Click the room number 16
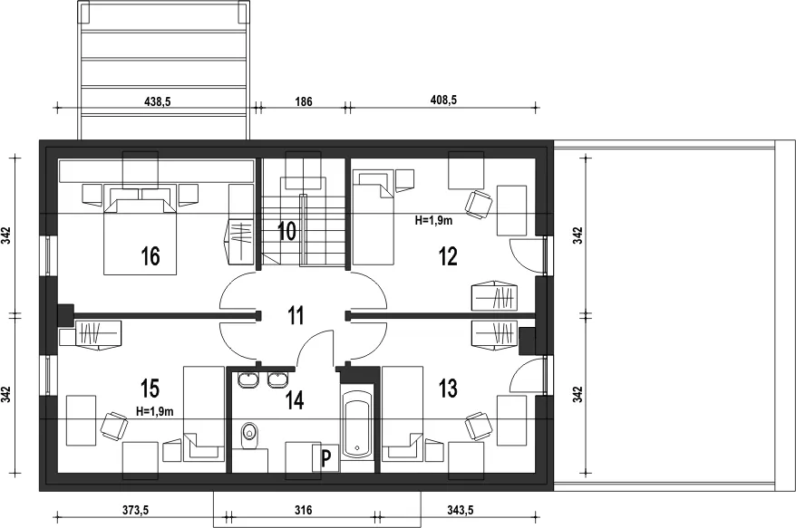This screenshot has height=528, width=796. coord(150,255)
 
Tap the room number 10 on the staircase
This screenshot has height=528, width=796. coord(286,231)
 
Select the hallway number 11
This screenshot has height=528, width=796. coord(296,315)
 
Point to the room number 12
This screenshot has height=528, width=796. coord(448,255)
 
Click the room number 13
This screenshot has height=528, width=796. coord(448,388)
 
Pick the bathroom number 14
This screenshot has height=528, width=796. coord(295,400)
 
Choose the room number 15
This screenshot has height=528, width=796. coord(150,388)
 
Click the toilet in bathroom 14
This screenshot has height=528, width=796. coord(249,434)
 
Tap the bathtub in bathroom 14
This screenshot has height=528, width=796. coord(357,422)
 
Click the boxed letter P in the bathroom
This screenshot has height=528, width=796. coord(325,458)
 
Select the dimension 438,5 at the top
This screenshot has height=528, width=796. coord(158,101)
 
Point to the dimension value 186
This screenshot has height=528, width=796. coord(304,101)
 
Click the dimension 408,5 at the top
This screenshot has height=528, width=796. coord(443,100)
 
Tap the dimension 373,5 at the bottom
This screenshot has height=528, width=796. coord(136,510)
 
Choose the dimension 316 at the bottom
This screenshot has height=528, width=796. coord(304,510)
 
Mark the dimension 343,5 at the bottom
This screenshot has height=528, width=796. coord(461,510)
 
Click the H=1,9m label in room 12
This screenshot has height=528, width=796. coord(433,220)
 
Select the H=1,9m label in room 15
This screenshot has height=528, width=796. coord(155,411)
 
